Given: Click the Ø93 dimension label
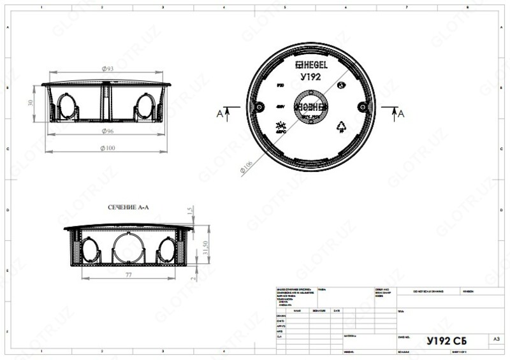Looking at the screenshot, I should click(108, 68).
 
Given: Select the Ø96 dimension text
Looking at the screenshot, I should click(108, 132).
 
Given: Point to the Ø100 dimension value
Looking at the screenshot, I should click(108, 148).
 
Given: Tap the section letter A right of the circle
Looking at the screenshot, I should click(401, 113).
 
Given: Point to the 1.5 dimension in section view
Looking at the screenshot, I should click(190, 212).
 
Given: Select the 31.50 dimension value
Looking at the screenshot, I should click(205, 247).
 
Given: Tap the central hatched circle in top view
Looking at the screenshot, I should click(310, 106).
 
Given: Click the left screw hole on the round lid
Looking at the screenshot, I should click(259, 106).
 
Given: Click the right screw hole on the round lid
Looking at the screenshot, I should click(361, 106).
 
